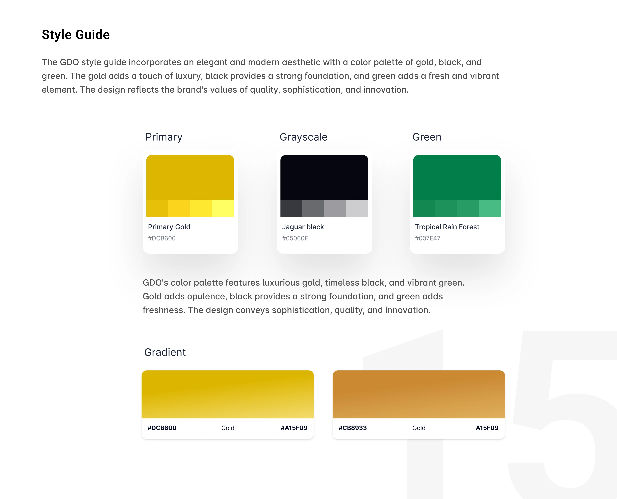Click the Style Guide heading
76,35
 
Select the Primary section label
164,137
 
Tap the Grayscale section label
304,137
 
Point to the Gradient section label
165,352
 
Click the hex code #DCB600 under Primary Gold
162,238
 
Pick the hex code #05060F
295,238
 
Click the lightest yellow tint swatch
223,208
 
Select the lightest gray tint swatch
357,208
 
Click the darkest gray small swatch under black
291,208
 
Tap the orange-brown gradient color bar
418,394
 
